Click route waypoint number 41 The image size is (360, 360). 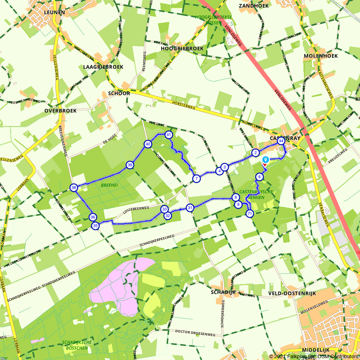coord(168,135)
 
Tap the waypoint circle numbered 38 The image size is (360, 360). coord(74,188)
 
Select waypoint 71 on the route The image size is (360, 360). coord(249,214)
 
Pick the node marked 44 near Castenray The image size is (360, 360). coord(281,141)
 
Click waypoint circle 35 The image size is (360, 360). coord(95,226)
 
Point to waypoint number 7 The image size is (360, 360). coord(196,178)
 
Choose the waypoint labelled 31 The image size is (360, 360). coord(190,207)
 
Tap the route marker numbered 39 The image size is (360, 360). coord(130,165)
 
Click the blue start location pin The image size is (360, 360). coord(265,160)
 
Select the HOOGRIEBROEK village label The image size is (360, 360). coord(182,48)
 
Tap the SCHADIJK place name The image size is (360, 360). coord(223,292)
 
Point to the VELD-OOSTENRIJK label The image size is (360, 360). coord(292,293)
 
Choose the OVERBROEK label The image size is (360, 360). coord(60,111)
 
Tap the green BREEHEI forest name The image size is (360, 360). coord(109,185)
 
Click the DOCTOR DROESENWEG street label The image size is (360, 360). coord(195,333)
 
